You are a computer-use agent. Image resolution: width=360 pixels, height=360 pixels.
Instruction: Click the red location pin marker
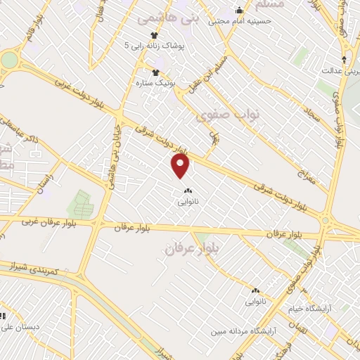click(181, 167)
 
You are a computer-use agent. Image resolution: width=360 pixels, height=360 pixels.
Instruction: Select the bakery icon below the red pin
click(187, 190)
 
